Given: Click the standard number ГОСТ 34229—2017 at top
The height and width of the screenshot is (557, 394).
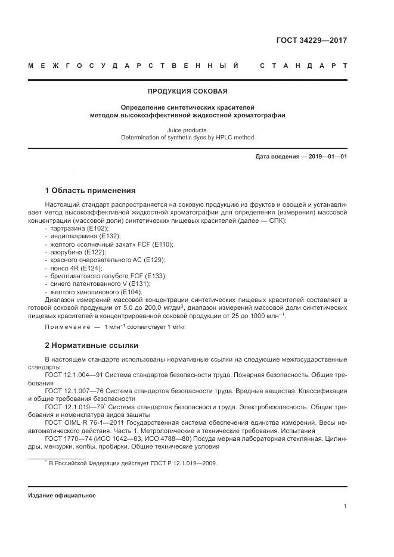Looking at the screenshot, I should pyautogui.click(x=312, y=41).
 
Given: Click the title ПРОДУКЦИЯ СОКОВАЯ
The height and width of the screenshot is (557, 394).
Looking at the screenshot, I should pyautogui.click(x=187, y=92).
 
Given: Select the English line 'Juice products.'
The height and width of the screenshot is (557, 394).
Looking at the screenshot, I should pyautogui.click(x=187, y=129).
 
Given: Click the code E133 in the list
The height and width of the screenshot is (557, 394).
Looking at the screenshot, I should pyautogui.click(x=157, y=276).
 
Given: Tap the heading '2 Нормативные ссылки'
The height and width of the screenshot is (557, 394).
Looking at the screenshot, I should pyautogui.click(x=91, y=346).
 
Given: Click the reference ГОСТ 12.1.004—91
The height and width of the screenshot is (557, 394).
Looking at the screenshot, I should pyautogui.click(x=78, y=375).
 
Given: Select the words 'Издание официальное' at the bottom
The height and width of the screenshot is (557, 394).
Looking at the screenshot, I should pyautogui.click(x=61, y=496).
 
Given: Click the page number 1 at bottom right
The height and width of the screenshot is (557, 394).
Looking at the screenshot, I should pyautogui.click(x=346, y=506).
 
